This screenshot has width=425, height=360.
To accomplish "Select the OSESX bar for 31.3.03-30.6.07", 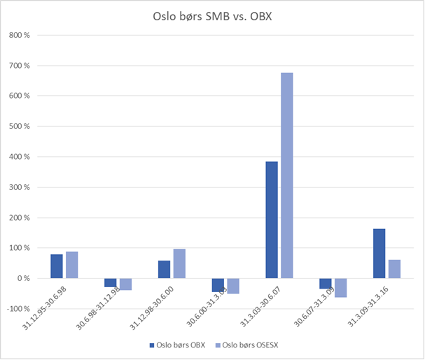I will click(x=286, y=175).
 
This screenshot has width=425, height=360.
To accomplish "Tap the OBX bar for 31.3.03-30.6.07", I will click(x=272, y=220).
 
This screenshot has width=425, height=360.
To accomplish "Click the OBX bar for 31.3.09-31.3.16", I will click(x=379, y=254).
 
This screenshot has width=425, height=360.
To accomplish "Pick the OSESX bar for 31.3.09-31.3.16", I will click(x=394, y=269).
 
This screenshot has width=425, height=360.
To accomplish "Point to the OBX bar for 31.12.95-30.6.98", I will click(x=57, y=266).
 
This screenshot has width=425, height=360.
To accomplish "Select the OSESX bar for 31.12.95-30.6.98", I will click(x=71, y=265).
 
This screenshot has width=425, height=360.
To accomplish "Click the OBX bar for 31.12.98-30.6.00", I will click(x=165, y=270).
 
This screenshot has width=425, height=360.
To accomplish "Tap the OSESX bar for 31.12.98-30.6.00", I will click(x=179, y=263).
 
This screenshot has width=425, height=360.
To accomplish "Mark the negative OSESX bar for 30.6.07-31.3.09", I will click(x=340, y=288).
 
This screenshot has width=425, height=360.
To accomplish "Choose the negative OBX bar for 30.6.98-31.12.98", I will click(x=111, y=283).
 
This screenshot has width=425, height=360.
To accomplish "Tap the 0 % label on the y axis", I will click(x=25, y=279).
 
